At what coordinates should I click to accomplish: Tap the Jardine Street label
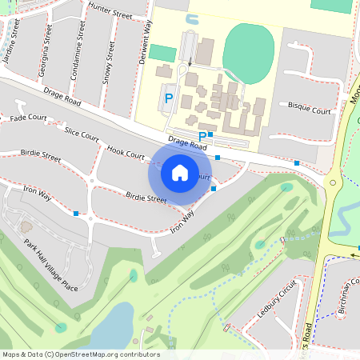[11, 44]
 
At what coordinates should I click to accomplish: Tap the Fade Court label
[28, 118]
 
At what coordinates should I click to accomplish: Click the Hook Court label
[124, 152]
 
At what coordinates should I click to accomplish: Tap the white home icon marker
[179, 172]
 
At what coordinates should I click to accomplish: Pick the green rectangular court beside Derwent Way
[162, 54]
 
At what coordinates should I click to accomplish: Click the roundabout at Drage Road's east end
[332, 182]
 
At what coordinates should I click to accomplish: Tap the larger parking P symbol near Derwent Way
[168, 98]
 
